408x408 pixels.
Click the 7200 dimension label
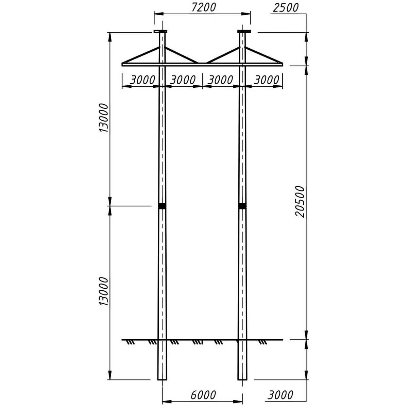coord(204,7)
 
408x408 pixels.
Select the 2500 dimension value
coord(286,7)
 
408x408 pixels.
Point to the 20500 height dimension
coord(300,202)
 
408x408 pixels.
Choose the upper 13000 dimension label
coord(104,118)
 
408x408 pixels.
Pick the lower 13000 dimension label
coord(104,291)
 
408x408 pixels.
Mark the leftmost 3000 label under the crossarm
coord(142,80)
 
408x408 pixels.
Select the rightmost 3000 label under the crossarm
coord(267,80)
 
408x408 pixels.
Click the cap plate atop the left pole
coord(160,32)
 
